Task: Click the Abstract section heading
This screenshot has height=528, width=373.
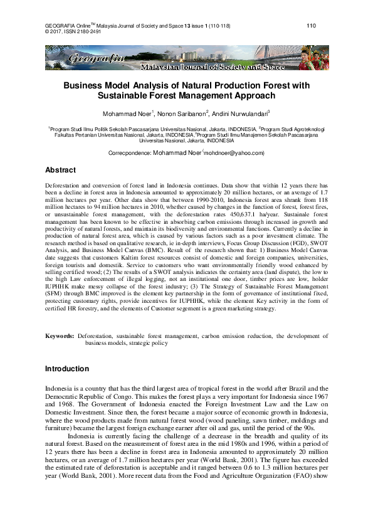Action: [61, 170]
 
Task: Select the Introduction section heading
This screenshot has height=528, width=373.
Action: [67, 368]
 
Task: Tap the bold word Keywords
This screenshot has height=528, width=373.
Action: [60, 336]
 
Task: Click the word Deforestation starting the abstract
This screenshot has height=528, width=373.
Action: [63, 187]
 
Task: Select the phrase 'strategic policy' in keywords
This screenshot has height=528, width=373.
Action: [147, 344]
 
